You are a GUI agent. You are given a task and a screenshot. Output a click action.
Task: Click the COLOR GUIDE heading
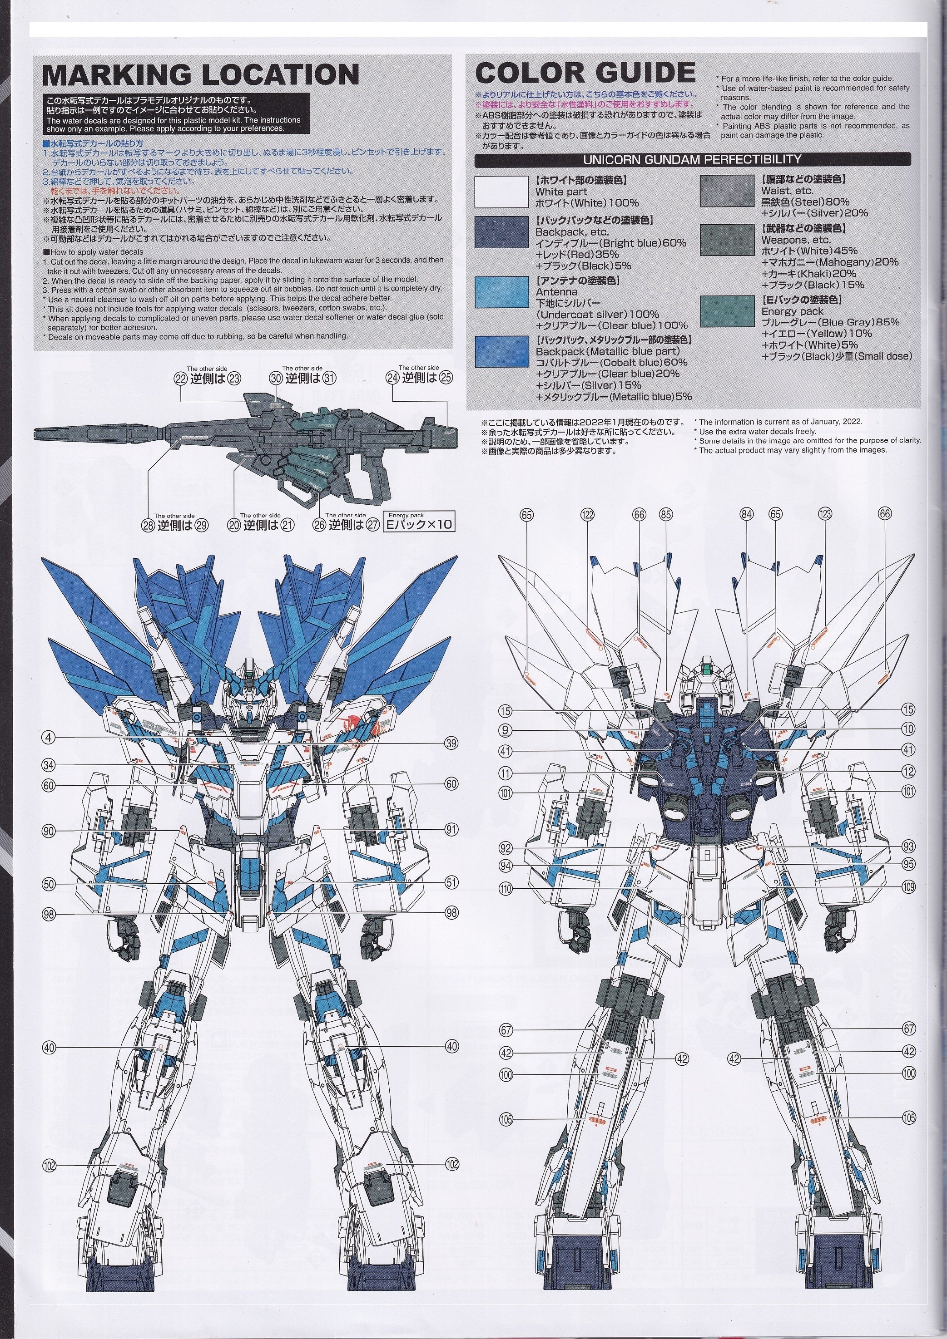point(585,73)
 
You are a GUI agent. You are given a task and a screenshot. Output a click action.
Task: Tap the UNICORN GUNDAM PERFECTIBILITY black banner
point(692,158)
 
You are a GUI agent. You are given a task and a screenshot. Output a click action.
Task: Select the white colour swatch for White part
point(501,192)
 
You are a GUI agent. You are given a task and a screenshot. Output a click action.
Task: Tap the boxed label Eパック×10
point(419,524)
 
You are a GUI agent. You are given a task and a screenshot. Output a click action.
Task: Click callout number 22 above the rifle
point(180,378)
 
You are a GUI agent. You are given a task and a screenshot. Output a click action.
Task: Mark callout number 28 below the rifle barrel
point(147,525)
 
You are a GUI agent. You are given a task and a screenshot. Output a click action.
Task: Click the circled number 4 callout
point(49,738)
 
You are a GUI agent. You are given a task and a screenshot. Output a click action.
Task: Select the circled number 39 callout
point(451,743)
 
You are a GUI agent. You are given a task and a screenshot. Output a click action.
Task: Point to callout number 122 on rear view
point(587,514)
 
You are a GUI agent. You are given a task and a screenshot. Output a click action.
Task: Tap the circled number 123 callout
point(824,514)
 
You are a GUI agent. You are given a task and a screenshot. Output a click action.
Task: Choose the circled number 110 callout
point(506,889)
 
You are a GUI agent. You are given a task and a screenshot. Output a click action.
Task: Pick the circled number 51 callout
point(451,882)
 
